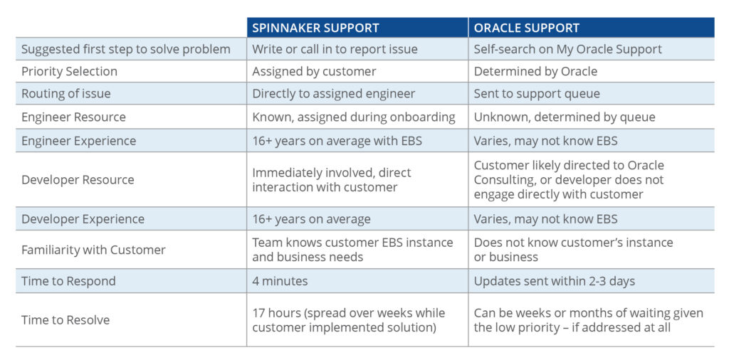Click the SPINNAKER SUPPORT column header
[315, 28]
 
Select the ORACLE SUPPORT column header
[527, 28]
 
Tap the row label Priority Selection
[69, 72]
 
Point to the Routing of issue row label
[66, 94]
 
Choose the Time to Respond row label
[68, 281]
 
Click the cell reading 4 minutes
[280, 281]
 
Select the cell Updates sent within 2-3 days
[555, 281]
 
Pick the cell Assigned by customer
[314, 72]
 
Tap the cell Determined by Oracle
[535, 72]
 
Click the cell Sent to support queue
[537, 94]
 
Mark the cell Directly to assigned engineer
[334, 94]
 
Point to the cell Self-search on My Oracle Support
[568, 49]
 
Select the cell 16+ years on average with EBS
[337, 141]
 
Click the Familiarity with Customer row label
[93, 250]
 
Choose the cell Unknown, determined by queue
[565, 117]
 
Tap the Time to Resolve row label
[65, 320]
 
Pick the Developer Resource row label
[78, 180]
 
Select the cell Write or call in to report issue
[335, 49]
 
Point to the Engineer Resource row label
[73, 117]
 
